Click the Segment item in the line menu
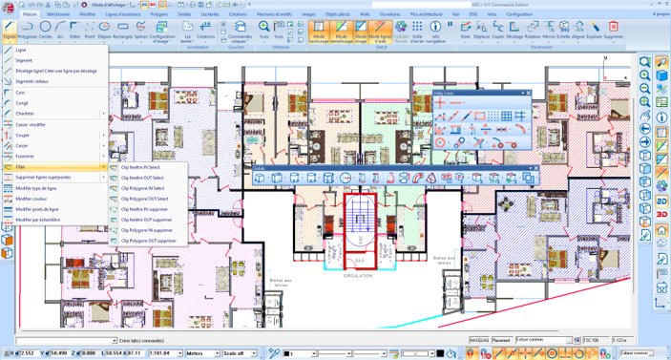pos(24,60)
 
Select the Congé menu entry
pos(22,102)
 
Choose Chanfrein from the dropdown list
pos(26,114)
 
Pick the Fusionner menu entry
pos(25,156)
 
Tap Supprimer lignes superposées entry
pos(43,178)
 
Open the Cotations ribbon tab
pos(238,15)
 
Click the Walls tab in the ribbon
pos(364,15)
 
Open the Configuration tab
pos(520,15)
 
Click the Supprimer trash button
pos(613,30)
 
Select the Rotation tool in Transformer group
pos(532,30)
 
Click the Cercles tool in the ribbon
pos(46,30)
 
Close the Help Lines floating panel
pos(527,94)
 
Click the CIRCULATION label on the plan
pos(359,274)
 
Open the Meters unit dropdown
pos(201,353)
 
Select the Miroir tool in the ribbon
pos(549,30)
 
